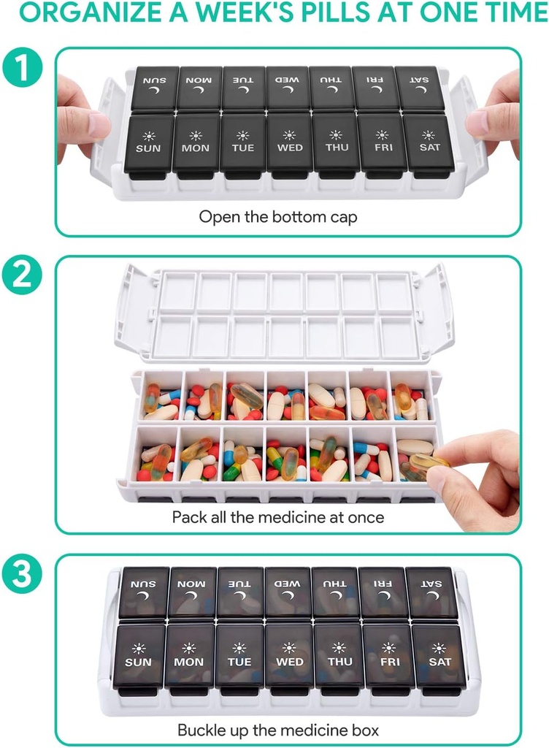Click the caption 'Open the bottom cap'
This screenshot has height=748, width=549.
click(278, 216)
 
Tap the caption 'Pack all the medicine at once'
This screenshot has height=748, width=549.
click(278, 517)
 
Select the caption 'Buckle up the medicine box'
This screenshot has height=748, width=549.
click(278, 730)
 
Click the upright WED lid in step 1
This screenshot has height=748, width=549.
click(290, 142)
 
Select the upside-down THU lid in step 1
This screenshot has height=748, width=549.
click(332, 88)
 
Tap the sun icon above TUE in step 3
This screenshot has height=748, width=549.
click(239, 648)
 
